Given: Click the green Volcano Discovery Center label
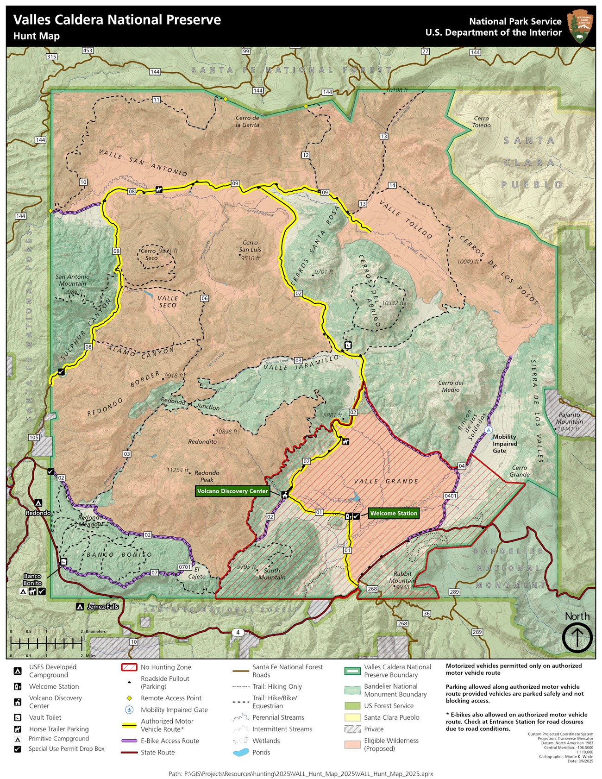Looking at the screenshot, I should tap(232, 491).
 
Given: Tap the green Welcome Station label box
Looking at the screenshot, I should tap(394, 513).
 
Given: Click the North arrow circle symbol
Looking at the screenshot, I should tap(577, 638).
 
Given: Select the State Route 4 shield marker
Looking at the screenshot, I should tap(238, 632).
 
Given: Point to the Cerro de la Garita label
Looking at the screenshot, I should tap(247, 121).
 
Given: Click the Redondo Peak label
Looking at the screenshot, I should tap(207, 476).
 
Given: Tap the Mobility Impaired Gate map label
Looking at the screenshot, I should tap(504, 444).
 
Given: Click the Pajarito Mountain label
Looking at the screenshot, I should tap(570, 418).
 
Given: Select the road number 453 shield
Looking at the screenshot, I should tap(88, 50).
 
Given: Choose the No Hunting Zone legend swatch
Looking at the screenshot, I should tap(129, 667).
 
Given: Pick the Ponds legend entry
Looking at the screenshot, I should tap(261, 752).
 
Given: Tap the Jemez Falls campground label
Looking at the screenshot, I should tap(103, 606).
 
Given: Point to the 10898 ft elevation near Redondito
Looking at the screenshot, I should tap(226, 432).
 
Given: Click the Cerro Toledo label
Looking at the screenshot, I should tap(481, 122).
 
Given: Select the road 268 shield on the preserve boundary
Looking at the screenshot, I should tap(372, 589).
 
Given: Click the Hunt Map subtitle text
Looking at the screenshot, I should tap(37, 36).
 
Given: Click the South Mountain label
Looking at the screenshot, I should tap(272, 574).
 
